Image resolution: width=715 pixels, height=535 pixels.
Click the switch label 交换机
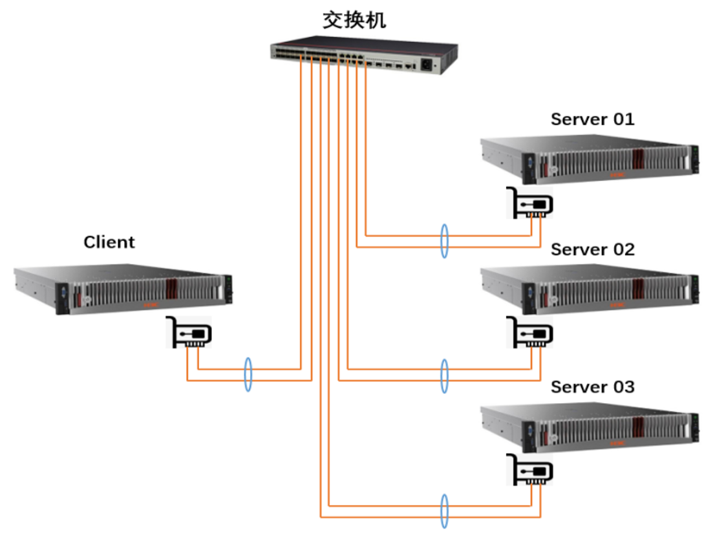pos(354,21)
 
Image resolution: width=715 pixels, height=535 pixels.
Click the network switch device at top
pos(363,56)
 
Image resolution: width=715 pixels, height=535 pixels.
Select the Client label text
pos(109,242)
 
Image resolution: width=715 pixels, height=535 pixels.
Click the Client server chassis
pos(123,289)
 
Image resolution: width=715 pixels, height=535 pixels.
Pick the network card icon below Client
pos(189,333)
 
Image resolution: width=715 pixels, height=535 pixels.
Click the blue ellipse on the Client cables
pos(247,374)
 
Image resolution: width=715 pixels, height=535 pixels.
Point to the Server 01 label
pos(592,120)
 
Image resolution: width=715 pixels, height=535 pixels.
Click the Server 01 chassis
pos(590,158)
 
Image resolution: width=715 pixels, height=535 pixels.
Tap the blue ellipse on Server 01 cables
pos(444,241)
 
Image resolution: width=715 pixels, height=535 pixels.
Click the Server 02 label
pos(592,249)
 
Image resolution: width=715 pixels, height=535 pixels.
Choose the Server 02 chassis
pos(590,288)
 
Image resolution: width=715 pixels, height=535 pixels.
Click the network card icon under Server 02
pos(529,333)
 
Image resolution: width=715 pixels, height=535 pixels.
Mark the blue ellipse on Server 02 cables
pos(444,375)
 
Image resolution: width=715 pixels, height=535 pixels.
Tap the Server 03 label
pos(592,387)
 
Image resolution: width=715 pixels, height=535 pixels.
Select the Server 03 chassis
pos(590,426)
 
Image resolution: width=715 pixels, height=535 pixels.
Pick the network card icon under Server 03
pos(529,470)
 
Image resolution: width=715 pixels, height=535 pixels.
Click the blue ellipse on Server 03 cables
pos(444,511)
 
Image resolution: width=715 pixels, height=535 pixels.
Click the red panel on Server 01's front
pos(639,160)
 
